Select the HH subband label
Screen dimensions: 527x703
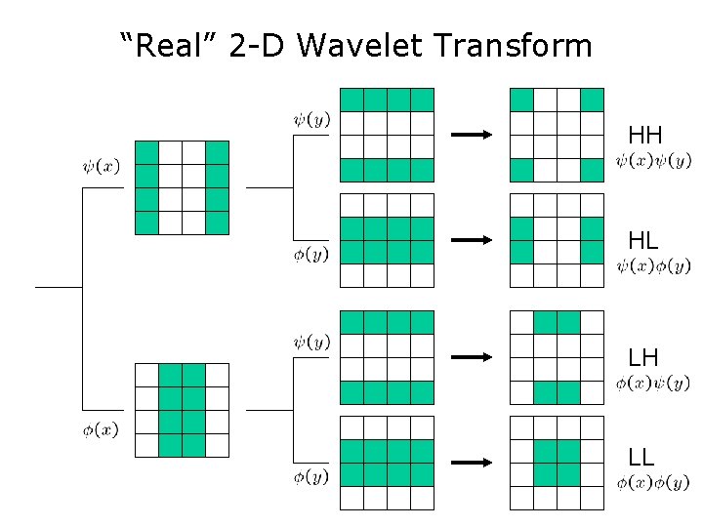click(645, 135)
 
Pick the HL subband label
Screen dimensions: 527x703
click(643, 240)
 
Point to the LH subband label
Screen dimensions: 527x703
click(643, 357)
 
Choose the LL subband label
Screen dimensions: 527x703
click(641, 456)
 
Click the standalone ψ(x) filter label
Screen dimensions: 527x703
click(102, 166)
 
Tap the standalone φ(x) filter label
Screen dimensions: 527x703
click(101, 430)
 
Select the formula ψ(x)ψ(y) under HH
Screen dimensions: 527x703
click(653, 160)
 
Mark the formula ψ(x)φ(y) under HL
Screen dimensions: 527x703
click(653, 265)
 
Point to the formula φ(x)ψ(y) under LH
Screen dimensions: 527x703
click(653, 383)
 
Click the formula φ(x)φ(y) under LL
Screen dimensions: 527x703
click(653, 482)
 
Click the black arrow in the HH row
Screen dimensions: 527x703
click(473, 135)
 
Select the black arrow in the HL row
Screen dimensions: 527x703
click(473, 240)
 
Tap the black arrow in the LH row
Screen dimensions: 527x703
click(473, 357)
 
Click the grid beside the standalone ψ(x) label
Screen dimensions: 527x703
click(182, 187)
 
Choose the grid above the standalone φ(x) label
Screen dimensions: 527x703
click(182, 410)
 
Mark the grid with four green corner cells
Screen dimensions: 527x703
click(557, 135)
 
